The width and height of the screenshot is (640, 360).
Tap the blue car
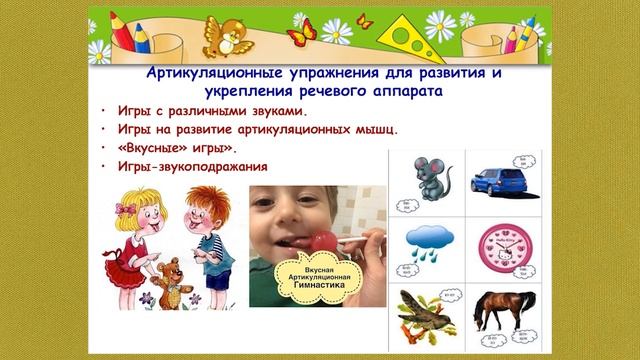coord(497,179)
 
